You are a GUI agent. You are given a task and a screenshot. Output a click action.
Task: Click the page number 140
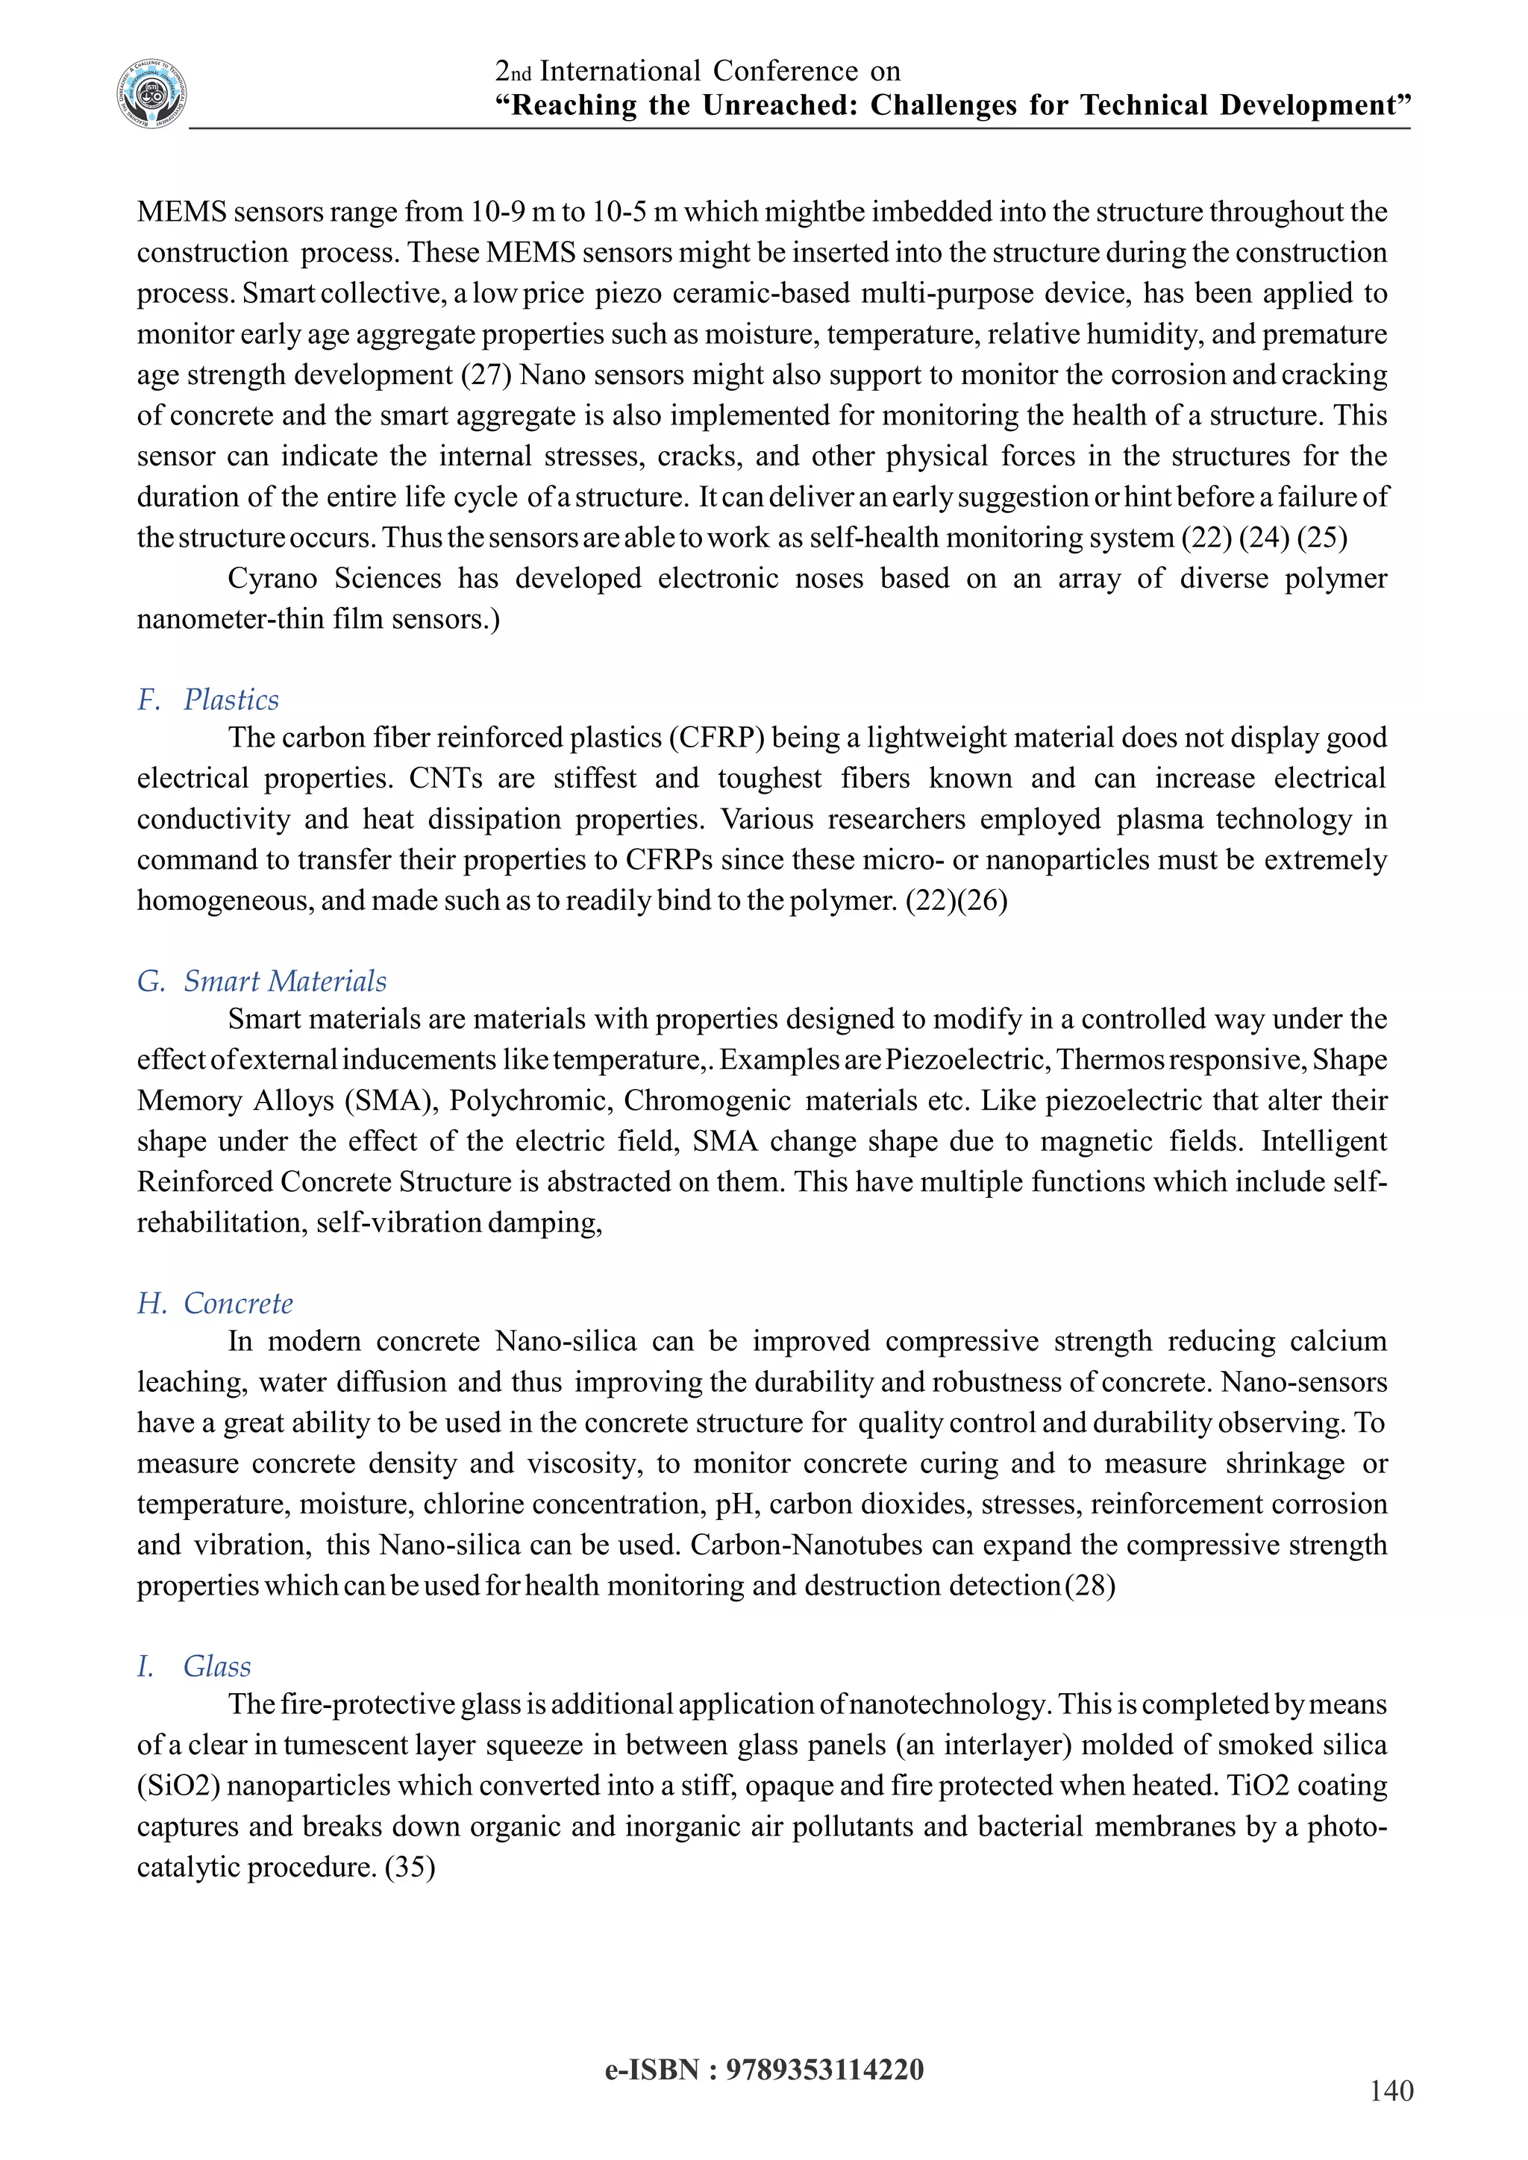coord(1391,2091)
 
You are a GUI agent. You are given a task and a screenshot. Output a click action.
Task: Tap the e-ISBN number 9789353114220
coord(824,2070)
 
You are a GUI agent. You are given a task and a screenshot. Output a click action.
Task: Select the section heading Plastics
coord(231,700)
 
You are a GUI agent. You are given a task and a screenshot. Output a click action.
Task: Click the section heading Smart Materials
coord(284,982)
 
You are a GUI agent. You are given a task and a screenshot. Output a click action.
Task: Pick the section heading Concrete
coord(237,1303)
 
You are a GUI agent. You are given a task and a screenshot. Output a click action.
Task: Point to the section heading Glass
coord(216,1666)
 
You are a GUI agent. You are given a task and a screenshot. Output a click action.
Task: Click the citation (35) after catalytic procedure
coord(410,1866)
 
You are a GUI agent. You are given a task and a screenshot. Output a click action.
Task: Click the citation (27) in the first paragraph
coord(486,374)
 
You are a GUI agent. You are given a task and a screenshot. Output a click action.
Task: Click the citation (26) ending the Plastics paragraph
coord(983,900)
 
